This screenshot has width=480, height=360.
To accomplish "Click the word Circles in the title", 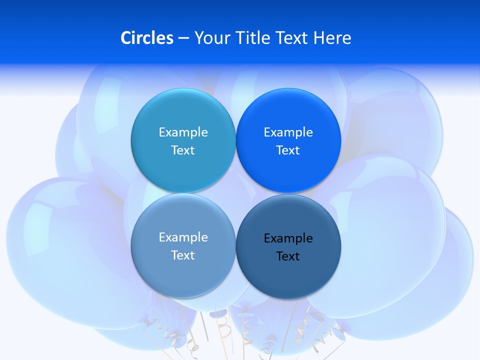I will [146, 38].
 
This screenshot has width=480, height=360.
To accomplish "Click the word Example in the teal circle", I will [183, 132].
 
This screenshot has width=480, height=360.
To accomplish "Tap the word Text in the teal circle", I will [183, 150].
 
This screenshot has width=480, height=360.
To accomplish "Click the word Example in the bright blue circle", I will [288, 132].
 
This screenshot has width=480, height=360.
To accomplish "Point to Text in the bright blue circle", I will [288, 150].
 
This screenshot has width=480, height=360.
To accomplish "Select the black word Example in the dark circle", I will [288, 238].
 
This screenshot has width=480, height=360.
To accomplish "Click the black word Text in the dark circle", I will [288, 256].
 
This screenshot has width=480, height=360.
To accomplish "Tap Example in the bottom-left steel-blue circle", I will [183, 237].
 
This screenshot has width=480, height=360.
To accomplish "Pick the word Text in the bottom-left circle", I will [183, 255].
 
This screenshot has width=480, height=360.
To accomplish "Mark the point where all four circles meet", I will [236, 193].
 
